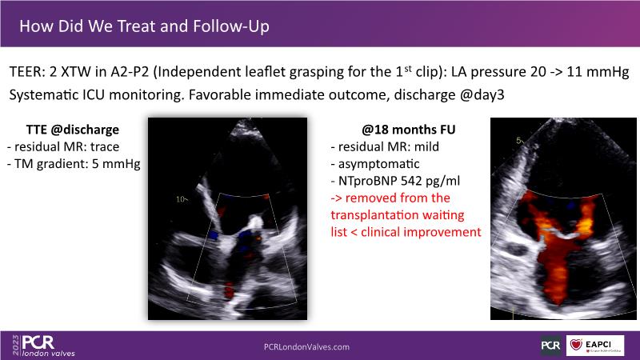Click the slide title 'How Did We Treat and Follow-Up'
(145, 26)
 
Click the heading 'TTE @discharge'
(73, 130)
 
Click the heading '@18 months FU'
(408, 130)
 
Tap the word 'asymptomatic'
(378, 164)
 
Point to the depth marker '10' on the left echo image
(181, 199)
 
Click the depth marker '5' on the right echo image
(518, 141)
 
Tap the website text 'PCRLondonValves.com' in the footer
(306, 347)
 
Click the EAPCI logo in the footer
(595, 346)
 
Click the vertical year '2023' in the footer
(16, 346)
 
